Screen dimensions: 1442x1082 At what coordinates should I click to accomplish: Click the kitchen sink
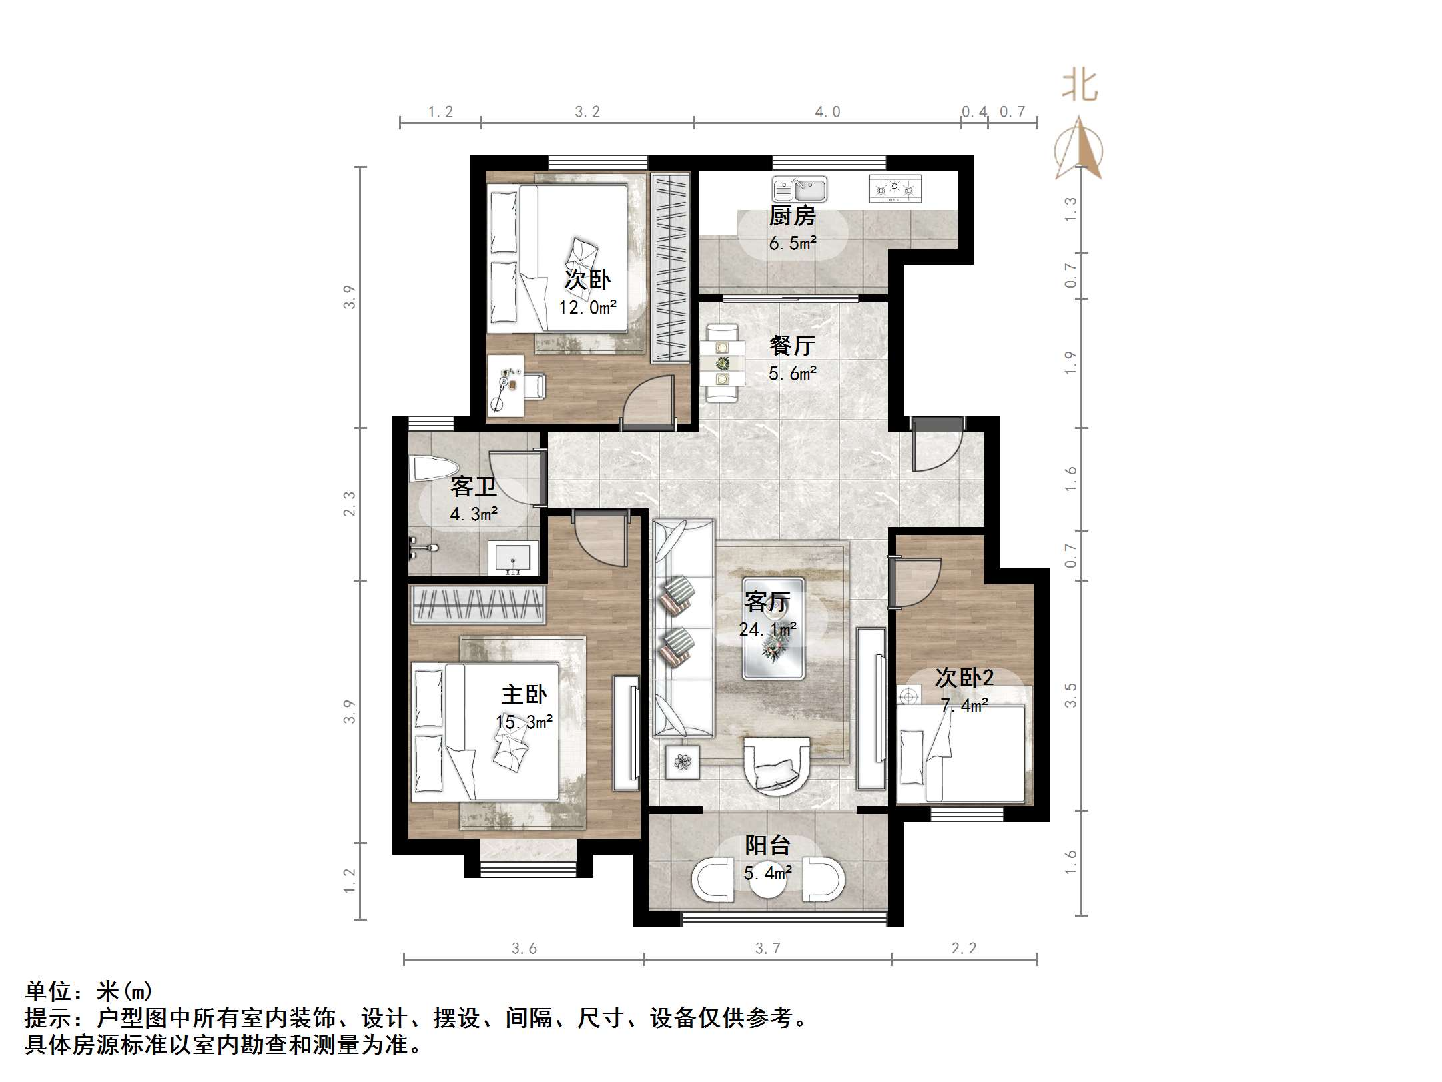point(799,189)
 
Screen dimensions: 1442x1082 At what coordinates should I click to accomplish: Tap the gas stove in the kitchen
point(895,189)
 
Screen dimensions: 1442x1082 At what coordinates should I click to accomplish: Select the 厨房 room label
point(792,216)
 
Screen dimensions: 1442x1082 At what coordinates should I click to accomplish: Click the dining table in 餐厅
point(723,363)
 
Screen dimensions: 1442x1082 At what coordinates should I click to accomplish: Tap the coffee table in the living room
point(773,628)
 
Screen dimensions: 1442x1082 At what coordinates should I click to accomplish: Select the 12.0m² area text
point(587,307)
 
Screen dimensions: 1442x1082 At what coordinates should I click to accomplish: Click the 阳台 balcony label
point(767,845)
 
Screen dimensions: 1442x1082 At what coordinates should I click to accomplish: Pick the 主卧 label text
point(524,694)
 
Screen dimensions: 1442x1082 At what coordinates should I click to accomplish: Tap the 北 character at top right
point(1079,86)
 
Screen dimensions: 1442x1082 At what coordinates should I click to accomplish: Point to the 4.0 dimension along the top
point(827,112)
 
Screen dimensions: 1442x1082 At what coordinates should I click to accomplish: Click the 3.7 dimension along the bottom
point(767,948)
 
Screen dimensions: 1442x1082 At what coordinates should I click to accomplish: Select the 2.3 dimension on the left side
point(349,504)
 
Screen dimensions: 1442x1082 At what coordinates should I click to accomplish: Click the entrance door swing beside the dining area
point(937,444)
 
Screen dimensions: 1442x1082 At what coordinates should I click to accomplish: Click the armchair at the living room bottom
point(777,766)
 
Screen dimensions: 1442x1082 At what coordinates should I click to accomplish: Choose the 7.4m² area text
point(964,705)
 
